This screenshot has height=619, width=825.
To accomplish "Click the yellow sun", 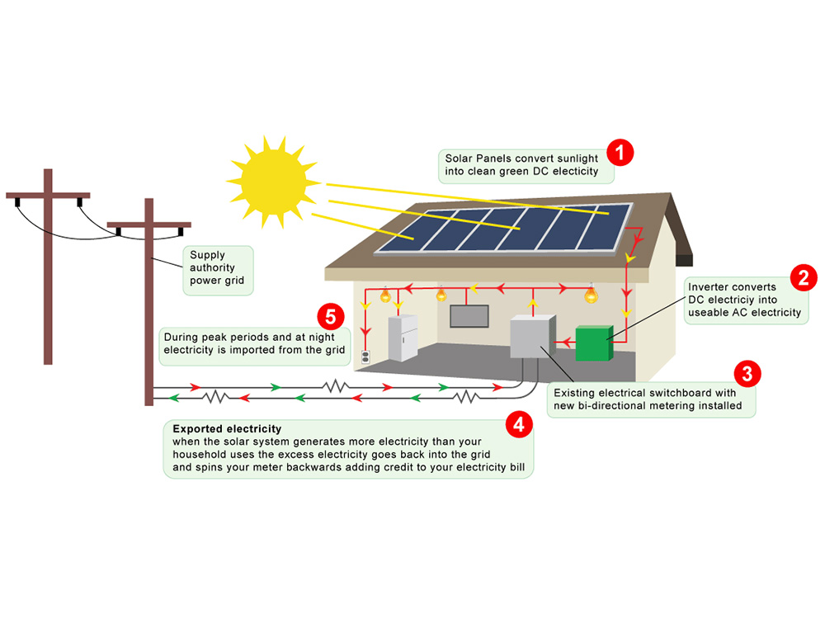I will click(x=271, y=177).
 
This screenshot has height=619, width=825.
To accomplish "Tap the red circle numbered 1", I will click(x=620, y=152).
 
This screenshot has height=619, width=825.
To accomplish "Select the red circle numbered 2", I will click(x=803, y=277).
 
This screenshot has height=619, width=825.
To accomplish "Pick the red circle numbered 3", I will click(x=747, y=373).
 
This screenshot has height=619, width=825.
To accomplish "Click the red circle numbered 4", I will click(x=518, y=425).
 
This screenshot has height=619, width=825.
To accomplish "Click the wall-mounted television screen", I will click(x=469, y=316).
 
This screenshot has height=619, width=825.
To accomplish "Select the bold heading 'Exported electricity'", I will click(x=227, y=429).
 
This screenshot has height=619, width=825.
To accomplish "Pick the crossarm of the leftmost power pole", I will click(x=48, y=196).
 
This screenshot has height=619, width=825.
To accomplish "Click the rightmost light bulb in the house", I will click(x=591, y=295).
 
